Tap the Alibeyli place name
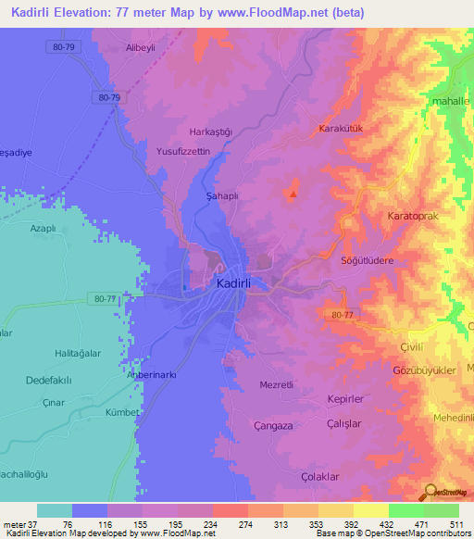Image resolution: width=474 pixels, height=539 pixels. click(130, 46)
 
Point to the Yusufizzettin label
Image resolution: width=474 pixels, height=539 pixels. click(183, 151)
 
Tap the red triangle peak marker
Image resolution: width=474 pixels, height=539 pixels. click(293, 194)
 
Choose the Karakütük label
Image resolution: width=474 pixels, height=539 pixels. click(343, 128)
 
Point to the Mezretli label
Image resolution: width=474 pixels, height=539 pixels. click(277, 384)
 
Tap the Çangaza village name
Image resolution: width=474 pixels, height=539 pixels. click(275, 425)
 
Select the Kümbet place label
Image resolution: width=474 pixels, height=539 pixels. click(121, 412)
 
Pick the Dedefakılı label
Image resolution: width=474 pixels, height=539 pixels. click(55, 379)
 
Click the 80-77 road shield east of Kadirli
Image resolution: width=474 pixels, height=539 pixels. click(342, 316)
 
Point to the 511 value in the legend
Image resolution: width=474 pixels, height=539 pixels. click(455, 525)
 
